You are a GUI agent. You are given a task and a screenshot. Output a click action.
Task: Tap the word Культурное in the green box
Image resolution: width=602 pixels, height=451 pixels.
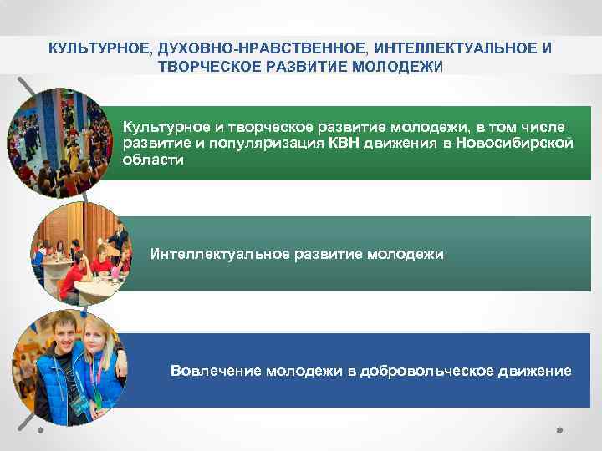tap(160, 127)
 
